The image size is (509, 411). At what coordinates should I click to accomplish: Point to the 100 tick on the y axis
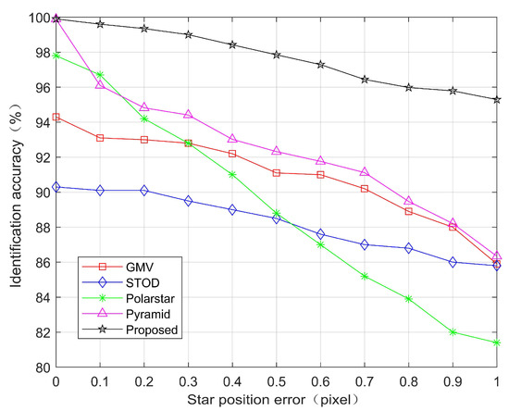pyautogui.click(x=39, y=18)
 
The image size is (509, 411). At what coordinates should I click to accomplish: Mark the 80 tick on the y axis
pyautogui.click(x=43, y=367)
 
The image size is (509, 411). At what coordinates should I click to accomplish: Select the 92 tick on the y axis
pyautogui.click(x=43, y=157)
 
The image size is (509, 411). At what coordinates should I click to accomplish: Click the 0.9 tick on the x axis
pyautogui.click(x=453, y=381)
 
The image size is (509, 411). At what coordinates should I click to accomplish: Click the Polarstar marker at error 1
pyautogui.click(x=497, y=342)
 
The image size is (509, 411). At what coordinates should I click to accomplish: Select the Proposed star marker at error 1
pyautogui.click(x=497, y=100)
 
